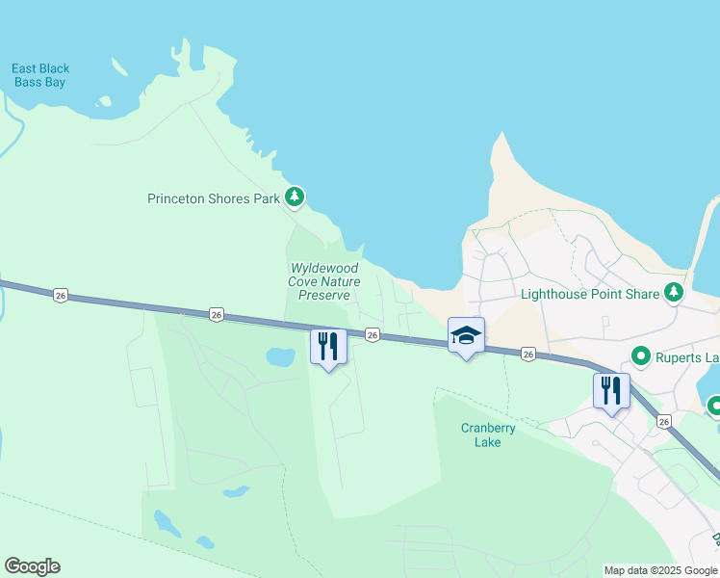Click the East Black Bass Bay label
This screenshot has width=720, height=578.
tap(40, 75)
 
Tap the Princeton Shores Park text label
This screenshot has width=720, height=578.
tap(214, 199)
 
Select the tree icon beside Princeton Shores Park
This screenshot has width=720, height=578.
tap(296, 198)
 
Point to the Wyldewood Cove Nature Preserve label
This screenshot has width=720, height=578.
tap(323, 281)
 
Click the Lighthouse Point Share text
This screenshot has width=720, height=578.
tap(590, 294)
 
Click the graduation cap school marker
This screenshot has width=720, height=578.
tap(466, 336)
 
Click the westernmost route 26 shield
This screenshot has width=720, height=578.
tap(61, 296)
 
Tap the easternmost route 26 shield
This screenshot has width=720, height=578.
tap(663, 421)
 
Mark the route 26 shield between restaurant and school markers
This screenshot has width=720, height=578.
tap(372, 334)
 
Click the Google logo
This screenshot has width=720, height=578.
tap(32, 566)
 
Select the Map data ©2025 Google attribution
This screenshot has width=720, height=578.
tap(660, 570)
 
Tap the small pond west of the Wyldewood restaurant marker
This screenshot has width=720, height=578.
tap(281, 357)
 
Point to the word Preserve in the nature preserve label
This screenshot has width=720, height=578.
tap(323, 295)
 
